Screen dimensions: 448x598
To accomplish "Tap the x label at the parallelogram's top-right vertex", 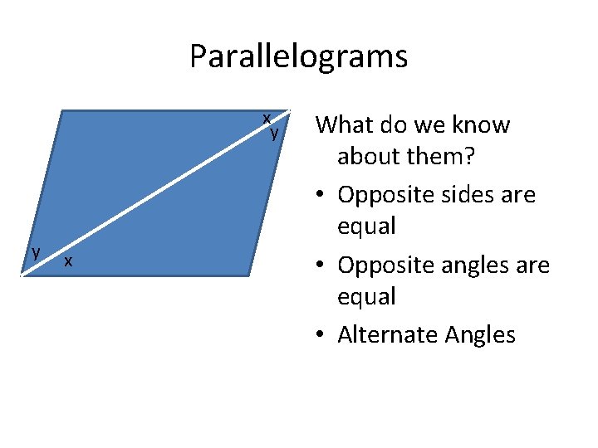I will [x=267, y=119].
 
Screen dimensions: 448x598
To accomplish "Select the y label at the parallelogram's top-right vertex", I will [x=274, y=131].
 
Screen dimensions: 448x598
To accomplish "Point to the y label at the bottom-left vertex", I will [x=35, y=251].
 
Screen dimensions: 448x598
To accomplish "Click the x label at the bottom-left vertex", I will [x=68, y=261].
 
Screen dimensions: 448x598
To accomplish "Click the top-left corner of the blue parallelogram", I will [x=66, y=111].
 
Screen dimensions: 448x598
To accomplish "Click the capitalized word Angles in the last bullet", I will [x=480, y=335].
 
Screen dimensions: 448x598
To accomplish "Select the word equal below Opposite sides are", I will [x=366, y=226].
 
